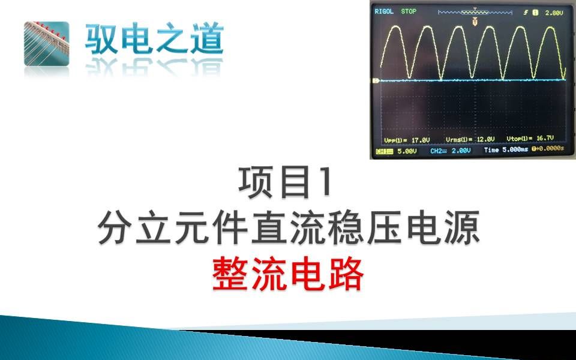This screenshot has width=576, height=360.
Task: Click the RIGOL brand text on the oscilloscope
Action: (x=383, y=11)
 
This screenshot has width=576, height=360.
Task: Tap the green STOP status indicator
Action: (x=409, y=11)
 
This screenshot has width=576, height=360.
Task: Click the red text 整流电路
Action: (x=288, y=275)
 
